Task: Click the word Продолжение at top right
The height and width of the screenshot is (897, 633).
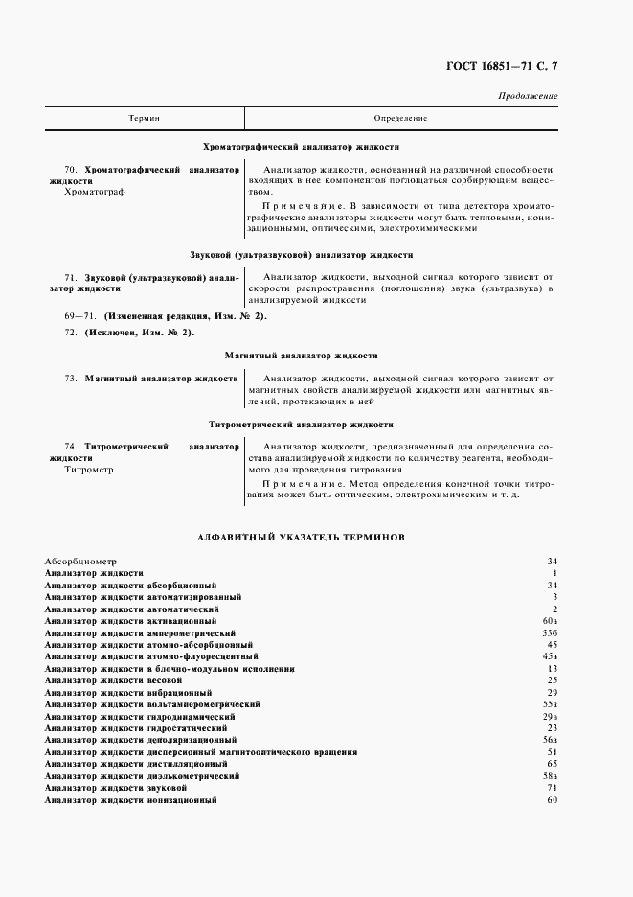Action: tap(529, 97)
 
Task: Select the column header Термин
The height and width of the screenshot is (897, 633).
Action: tap(145, 118)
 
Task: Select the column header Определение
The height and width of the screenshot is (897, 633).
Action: tap(399, 118)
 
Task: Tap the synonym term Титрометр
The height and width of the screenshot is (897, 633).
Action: tap(89, 470)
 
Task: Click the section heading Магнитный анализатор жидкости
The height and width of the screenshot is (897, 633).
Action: tap(302, 355)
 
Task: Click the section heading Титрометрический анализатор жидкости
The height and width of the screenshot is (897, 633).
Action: tap(302, 424)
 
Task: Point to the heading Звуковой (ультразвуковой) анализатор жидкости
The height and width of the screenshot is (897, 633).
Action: tap(302, 256)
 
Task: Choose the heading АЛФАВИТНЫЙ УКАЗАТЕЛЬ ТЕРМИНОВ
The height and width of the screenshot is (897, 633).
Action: tap(302, 538)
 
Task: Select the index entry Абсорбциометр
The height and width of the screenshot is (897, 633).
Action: tap(79, 561)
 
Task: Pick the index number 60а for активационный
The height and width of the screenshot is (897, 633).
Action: tap(550, 621)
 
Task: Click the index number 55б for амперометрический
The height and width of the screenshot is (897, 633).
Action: tap(550, 633)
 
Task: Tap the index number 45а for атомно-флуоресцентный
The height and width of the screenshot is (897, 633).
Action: tap(550, 657)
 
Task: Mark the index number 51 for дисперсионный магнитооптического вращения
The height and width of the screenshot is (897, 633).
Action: tap(552, 752)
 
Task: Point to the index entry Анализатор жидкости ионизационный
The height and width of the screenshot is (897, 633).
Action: tap(130, 799)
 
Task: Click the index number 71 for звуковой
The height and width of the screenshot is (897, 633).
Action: tap(552, 788)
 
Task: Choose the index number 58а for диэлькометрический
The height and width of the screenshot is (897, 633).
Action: tap(550, 775)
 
